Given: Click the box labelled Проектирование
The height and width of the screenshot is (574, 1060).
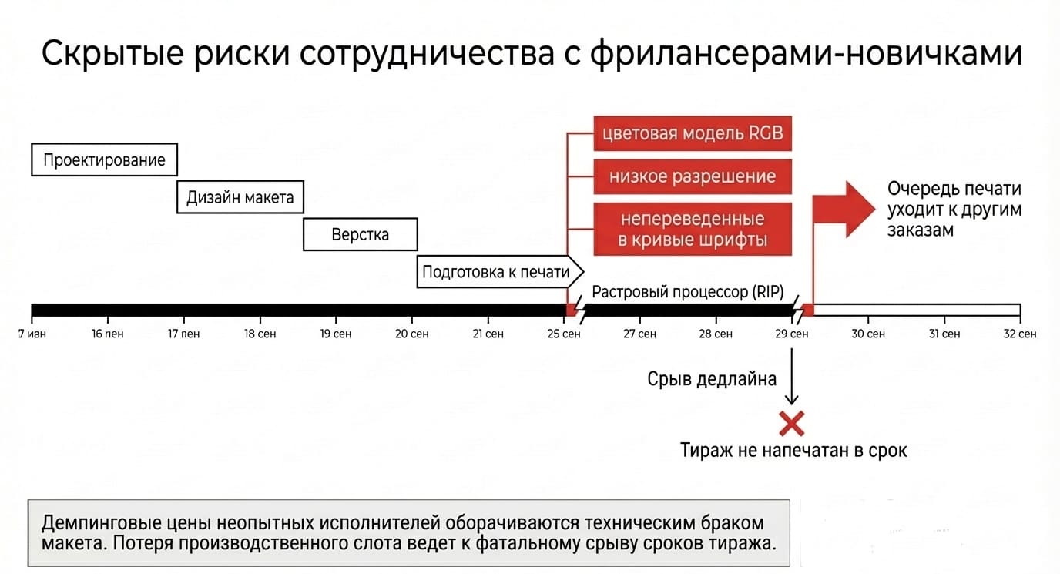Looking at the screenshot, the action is tap(105, 159).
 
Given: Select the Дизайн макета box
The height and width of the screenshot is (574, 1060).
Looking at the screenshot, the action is tap(240, 196).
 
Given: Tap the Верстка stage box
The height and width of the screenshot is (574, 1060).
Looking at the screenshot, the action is tap(360, 234).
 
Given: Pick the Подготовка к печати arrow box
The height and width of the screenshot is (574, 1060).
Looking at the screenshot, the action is tap(500, 272).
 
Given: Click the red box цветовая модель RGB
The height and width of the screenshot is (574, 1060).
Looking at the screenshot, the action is tap(693, 133).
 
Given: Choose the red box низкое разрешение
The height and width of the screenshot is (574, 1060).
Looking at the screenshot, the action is tap(693, 176).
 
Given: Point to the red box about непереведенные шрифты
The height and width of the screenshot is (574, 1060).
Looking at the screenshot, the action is tap(693, 229).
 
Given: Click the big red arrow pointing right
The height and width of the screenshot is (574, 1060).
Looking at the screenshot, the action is tap(844, 209).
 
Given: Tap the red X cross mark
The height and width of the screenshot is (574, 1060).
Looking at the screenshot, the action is tap(792, 423).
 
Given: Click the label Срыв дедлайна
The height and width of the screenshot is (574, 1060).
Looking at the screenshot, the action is tap(712, 379).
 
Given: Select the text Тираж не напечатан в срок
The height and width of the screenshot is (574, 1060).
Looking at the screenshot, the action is tap(793, 450).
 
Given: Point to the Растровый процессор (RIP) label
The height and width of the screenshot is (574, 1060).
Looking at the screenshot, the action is tap(688, 292).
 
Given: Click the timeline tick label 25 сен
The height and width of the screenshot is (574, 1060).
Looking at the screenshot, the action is tap(564, 334).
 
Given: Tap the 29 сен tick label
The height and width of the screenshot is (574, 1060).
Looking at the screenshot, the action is tap(792, 334).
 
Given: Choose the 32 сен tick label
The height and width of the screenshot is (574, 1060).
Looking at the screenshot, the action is tap(1020, 334).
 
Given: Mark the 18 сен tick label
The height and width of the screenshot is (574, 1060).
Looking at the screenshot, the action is tap(260, 334).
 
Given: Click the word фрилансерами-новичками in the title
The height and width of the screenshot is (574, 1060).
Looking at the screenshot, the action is tap(807, 53).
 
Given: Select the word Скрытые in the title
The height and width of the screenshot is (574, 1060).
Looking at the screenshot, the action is tap(112, 53).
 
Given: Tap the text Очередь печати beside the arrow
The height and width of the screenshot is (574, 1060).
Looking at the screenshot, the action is tap(954, 189).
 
